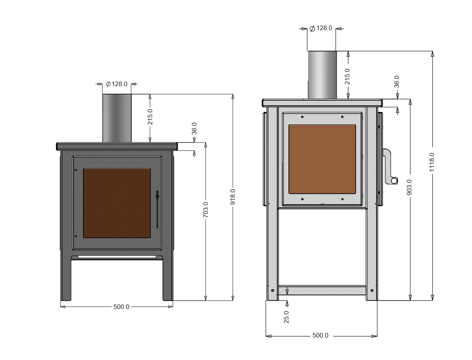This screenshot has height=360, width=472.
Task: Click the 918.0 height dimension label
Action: tap(233, 197)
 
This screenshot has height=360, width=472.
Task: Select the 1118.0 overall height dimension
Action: tap(432, 162)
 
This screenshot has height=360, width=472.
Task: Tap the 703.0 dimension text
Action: tap(206, 210)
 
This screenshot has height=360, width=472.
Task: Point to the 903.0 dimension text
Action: tap(410, 187)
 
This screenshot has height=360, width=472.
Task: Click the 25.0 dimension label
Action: tap(286, 317)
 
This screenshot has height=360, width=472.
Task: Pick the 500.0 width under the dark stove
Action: tap(121, 307)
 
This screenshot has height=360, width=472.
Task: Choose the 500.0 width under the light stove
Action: tap(320, 336)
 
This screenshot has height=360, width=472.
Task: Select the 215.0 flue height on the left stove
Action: tap(150, 117)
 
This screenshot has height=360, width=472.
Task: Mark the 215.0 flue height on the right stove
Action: tap(347, 76)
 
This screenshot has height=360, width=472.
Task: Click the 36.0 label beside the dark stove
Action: tap(194, 128)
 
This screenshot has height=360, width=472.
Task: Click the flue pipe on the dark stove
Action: tap(117, 118)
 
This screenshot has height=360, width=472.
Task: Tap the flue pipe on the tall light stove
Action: tap(322, 75)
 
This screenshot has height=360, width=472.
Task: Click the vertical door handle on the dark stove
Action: tap(157, 210)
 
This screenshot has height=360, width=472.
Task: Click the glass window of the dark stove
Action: tap(117, 203)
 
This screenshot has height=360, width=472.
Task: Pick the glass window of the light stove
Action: tap(322, 158)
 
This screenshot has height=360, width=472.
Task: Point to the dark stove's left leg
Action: tap(66, 278)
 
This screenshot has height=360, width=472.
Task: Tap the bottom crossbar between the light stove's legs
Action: tap(322, 291)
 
